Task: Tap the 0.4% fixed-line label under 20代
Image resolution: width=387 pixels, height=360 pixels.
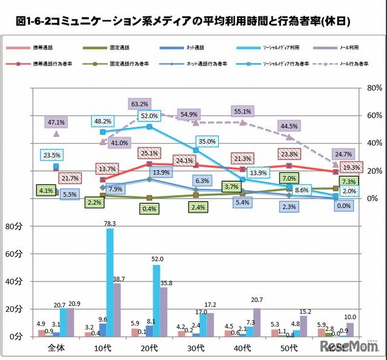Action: [148, 208]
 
